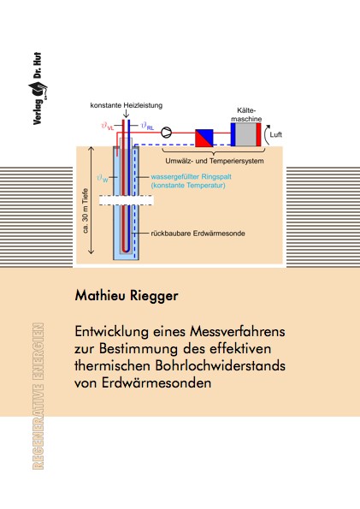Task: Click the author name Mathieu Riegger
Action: pos(127,296)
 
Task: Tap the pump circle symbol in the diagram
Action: pos(166,133)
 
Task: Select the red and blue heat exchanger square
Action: pos(204,138)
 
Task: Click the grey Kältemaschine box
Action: pos(245,134)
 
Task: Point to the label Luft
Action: pos(276,134)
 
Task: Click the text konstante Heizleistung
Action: pos(127,105)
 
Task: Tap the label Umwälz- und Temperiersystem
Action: pos(215,161)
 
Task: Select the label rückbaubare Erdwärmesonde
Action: pos(198,234)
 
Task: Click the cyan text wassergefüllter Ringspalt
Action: pos(192,177)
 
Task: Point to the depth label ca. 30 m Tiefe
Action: pos(86,210)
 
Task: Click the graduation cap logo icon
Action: pos(38,90)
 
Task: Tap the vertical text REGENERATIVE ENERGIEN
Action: pos(38,396)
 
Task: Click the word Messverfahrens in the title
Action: pos(238,331)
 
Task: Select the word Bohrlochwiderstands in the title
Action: pos(221,365)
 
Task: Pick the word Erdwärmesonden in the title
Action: pos(156,382)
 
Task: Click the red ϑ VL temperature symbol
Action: pos(108,126)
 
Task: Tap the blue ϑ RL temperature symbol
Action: pos(147,126)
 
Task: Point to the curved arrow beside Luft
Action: pos(267,134)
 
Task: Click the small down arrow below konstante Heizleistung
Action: pos(126,113)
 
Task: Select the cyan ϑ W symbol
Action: pos(103,178)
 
